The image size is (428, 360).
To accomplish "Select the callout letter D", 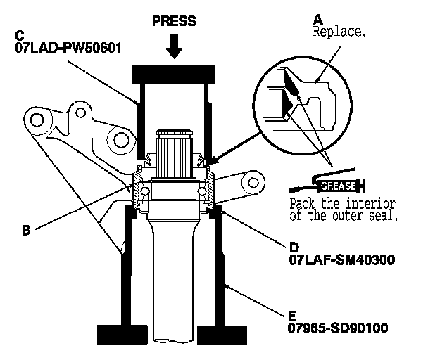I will pos(294,247).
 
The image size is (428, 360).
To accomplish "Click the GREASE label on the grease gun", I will pos(336,186).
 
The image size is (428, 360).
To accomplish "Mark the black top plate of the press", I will pos(175,72).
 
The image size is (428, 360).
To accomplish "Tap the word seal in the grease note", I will pos(384,217).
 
